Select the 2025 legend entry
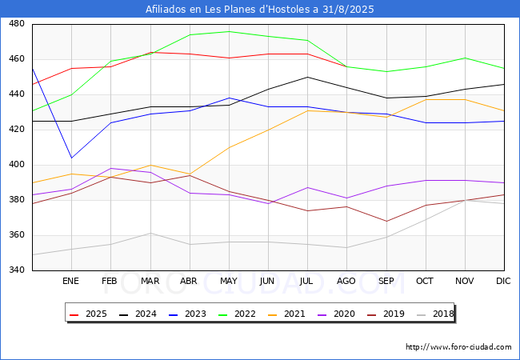88,314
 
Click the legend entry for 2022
237,314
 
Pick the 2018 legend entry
435,314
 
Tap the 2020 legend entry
336,314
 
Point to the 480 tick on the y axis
17,23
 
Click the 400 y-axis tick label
17,165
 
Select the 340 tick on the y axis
17,270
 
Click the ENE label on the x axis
70,281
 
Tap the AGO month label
346,281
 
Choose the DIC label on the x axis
503,281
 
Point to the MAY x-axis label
229,281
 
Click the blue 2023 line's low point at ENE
72,158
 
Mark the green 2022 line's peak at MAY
229,31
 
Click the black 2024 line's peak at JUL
308,78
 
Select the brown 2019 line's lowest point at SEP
386,221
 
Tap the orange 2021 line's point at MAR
150,165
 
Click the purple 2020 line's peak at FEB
110,168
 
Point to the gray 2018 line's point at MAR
150,233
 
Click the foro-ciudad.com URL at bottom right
458,347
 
